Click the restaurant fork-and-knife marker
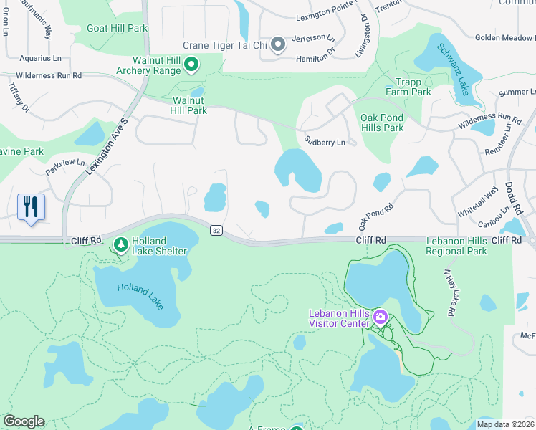pyautogui.click(x=31, y=208)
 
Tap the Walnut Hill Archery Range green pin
pyautogui.click(x=191, y=66)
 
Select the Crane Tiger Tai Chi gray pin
pyautogui.click(x=279, y=45)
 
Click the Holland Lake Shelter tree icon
pyautogui.click(x=120, y=245)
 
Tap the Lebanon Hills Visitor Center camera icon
pyautogui.click(x=381, y=317)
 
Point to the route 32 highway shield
pyautogui.click(x=216, y=230)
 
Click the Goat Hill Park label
pyautogui.click(x=117, y=28)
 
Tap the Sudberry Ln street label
pyautogui.click(x=325, y=142)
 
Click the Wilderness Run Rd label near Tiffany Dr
pyautogui.click(x=49, y=75)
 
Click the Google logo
pyautogui.click(x=24, y=421)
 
